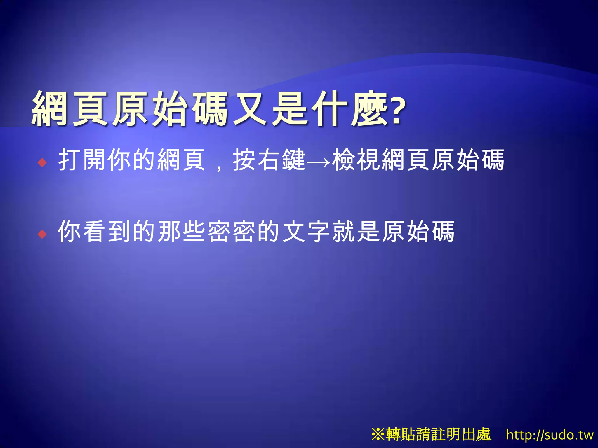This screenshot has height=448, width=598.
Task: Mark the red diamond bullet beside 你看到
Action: point(42,234)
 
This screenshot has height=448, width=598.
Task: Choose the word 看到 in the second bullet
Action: point(107,231)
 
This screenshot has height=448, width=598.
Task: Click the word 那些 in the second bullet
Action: point(182,231)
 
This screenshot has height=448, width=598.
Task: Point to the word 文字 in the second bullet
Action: point(307,231)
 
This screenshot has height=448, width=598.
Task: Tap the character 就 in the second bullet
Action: point(344,231)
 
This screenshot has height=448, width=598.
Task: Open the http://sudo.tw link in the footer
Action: point(550,435)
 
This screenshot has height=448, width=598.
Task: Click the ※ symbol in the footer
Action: point(378,434)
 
